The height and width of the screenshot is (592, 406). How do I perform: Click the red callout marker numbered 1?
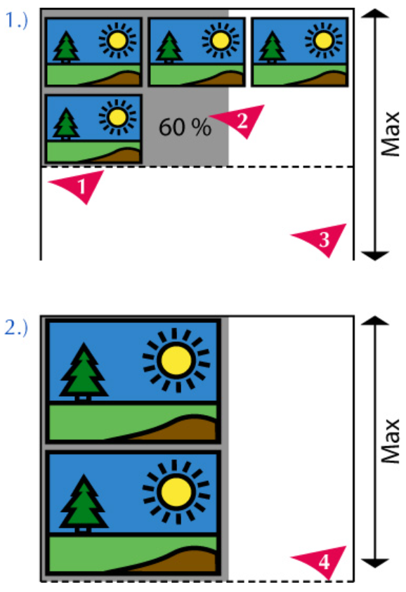[80, 185]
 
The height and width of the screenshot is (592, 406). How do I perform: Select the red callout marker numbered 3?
[322, 238]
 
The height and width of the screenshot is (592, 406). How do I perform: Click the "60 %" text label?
[185, 127]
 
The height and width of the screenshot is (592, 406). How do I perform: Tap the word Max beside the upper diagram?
[391, 133]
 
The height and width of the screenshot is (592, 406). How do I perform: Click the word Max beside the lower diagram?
[391, 440]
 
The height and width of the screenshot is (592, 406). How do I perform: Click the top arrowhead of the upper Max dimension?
[374, 13]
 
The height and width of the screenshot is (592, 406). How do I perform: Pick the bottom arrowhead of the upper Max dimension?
[374, 256]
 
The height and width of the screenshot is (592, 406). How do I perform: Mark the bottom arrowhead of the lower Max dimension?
[374, 563]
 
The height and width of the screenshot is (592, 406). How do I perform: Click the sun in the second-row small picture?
[117, 117]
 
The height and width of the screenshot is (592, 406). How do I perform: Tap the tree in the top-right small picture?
[272, 46]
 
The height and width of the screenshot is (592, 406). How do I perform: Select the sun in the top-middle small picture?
[220, 40]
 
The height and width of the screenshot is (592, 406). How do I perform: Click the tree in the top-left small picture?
[66, 46]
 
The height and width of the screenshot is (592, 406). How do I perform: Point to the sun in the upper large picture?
[176, 360]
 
